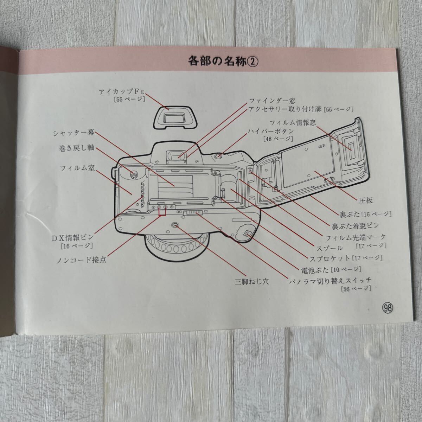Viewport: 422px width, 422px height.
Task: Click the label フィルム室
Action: click(77, 168)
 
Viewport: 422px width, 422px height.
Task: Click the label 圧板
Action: click(366, 200)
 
